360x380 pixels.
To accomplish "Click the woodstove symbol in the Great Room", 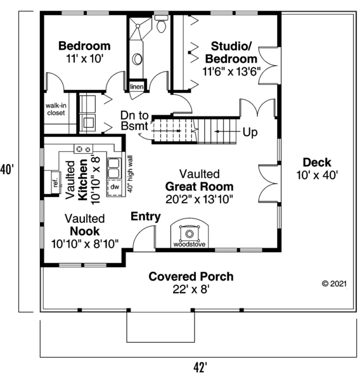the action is click(x=190, y=234).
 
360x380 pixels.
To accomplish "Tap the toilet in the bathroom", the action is click(x=161, y=24).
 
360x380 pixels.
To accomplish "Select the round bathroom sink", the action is click(x=137, y=59).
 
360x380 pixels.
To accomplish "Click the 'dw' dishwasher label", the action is click(x=115, y=187).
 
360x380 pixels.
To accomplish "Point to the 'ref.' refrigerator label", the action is click(x=56, y=182).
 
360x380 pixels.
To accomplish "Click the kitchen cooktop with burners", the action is click(x=83, y=149).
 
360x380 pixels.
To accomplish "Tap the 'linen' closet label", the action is click(x=136, y=87).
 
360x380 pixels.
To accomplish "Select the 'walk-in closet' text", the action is click(x=56, y=109).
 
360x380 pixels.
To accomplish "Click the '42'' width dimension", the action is click(x=200, y=367).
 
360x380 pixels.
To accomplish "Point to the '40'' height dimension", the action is click(x=7, y=169).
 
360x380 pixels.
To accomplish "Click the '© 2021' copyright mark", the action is click(x=334, y=284).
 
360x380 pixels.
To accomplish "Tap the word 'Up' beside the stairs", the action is click(x=250, y=132).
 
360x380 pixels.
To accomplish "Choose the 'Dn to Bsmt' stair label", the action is click(x=134, y=121).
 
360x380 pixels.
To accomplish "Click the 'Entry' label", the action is click(x=146, y=217).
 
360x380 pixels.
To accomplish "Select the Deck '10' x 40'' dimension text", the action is click(x=318, y=175).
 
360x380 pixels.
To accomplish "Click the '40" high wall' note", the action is click(x=130, y=174).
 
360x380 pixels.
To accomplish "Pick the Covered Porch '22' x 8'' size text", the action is click(x=191, y=289).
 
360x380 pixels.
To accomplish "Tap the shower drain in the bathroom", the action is click(x=138, y=26).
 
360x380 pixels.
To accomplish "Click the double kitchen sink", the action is click(x=113, y=168).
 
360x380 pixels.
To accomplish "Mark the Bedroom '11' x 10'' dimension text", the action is click(x=85, y=59).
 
